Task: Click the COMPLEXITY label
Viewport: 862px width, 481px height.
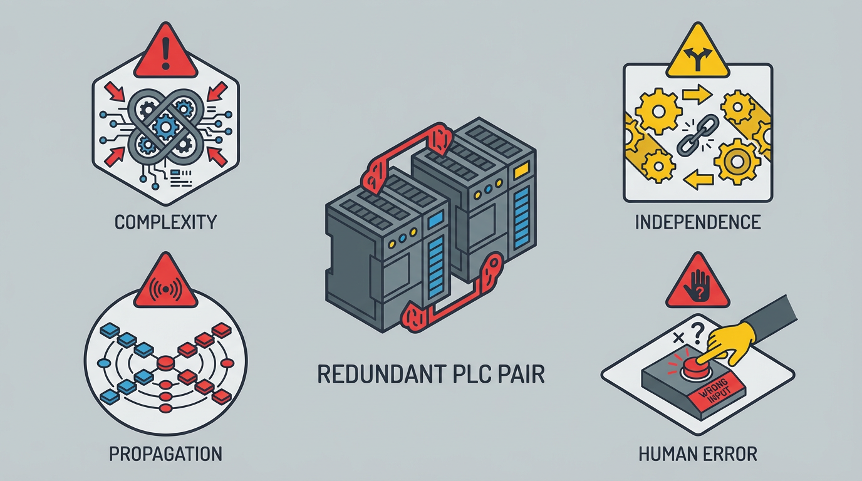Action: coord(165,222)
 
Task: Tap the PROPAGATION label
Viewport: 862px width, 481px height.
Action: coord(165,453)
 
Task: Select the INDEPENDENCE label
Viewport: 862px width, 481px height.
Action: coord(698,222)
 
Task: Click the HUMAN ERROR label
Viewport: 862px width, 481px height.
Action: coord(698,453)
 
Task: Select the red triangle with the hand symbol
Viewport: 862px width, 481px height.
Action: coord(696,285)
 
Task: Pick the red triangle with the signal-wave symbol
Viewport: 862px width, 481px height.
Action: coord(165,280)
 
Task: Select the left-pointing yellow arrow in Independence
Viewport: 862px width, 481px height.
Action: coord(699,181)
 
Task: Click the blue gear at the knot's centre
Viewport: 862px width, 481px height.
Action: coord(165,128)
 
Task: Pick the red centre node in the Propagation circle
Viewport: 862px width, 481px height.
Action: coord(165,363)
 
